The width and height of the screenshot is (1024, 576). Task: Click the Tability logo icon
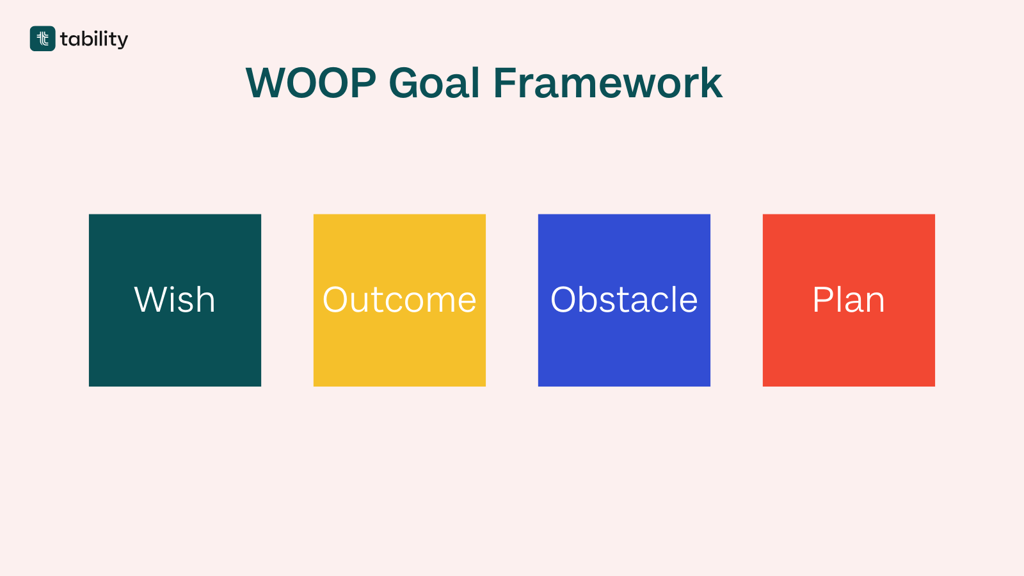click(x=42, y=38)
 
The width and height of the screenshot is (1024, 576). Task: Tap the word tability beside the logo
click(x=94, y=40)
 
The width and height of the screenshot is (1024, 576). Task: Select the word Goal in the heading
click(x=434, y=83)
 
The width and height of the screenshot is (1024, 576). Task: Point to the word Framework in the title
click(x=607, y=83)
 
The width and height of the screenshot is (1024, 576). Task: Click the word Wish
click(x=175, y=300)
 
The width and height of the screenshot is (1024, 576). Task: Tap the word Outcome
click(x=399, y=300)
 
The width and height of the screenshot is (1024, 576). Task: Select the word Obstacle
click(x=624, y=300)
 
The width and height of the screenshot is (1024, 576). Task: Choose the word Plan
click(x=849, y=300)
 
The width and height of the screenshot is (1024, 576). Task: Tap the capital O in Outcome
click(x=337, y=300)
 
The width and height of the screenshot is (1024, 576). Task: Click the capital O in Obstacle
click(x=565, y=300)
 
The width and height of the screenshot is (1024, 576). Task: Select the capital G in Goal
click(x=406, y=83)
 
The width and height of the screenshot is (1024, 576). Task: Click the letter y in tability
click(x=122, y=41)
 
